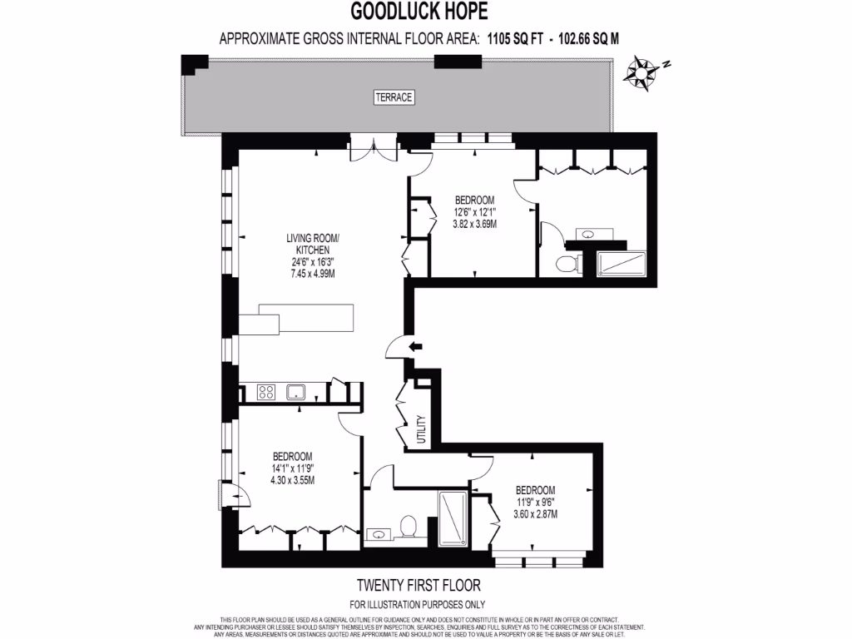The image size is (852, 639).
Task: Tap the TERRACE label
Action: click(394, 97)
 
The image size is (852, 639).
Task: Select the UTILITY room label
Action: click(421, 431)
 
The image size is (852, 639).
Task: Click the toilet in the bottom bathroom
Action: click(408, 527)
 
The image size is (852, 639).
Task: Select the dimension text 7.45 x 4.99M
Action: click(308, 274)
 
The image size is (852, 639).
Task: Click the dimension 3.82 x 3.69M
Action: click(474, 224)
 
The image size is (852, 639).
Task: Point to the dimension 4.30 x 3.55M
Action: click(293, 480)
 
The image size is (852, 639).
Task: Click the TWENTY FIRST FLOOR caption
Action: click(418, 586)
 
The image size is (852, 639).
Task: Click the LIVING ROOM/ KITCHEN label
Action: click(308, 243)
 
